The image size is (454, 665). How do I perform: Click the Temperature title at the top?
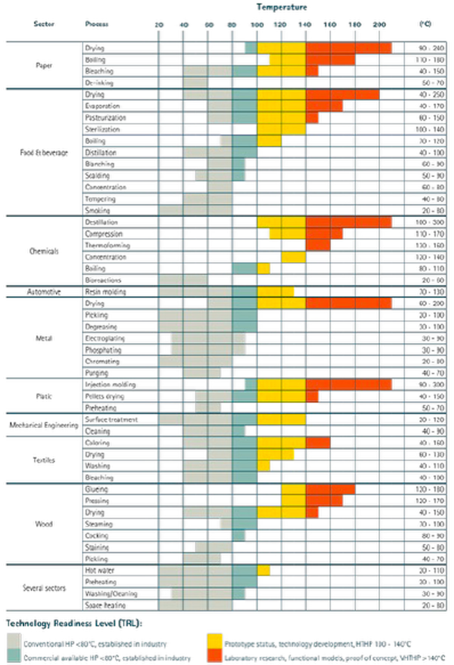click(x=281, y=7)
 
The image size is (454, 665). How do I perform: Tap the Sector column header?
click(x=44, y=24)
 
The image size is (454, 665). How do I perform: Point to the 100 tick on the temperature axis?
click(x=257, y=25)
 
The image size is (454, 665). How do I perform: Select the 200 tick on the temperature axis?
click(x=379, y=25)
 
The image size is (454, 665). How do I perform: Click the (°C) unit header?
click(x=425, y=24)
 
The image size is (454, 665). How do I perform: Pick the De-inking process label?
click(x=99, y=83)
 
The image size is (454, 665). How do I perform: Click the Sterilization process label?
click(x=103, y=129)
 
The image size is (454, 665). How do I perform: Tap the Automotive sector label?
click(x=44, y=292)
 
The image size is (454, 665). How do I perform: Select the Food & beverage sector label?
click(x=44, y=153)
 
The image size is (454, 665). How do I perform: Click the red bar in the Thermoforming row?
click(x=318, y=245)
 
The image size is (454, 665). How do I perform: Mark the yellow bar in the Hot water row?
click(x=264, y=570)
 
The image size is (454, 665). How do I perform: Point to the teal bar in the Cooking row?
click(x=239, y=536)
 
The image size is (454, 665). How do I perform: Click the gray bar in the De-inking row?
click(x=195, y=83)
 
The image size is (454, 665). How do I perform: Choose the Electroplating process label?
click(x=105, y=338)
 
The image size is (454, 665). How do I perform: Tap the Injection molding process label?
click(x=110, y=385)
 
